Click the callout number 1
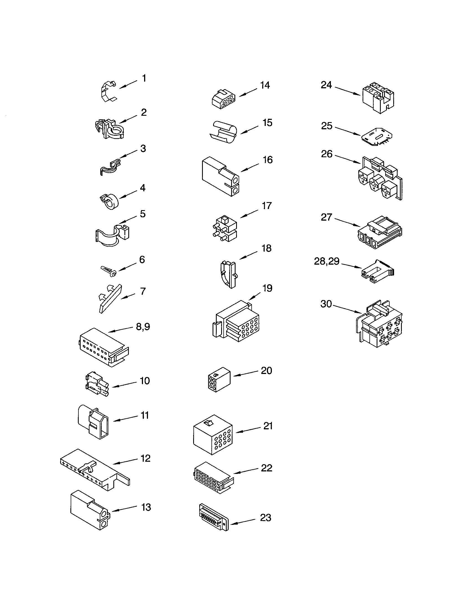(x=144, y=79)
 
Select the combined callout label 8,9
(x=143, y=327)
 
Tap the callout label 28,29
(x=326, y=261)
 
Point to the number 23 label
(x=265, y=518)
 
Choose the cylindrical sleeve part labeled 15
(x=223, y=132)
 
